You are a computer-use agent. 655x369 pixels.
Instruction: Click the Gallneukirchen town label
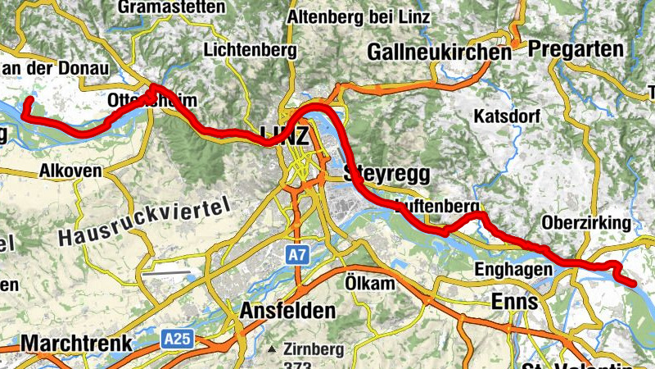point(440,52)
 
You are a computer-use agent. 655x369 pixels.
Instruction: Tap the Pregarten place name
point(576,49)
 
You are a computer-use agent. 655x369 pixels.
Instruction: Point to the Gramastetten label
point(171,7)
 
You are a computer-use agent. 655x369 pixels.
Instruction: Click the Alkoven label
point(70,171)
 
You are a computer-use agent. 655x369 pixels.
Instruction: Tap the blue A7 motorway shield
point(297,256)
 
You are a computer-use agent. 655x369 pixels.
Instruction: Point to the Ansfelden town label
point(287,311)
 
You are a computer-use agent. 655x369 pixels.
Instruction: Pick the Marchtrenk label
point(65,342)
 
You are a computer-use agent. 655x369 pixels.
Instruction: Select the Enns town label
point(514,301)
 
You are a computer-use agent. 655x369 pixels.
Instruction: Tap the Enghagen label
point(508,268)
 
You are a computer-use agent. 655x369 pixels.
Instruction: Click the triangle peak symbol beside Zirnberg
point(271,348)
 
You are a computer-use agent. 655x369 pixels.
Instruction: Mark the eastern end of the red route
point(634,284)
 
